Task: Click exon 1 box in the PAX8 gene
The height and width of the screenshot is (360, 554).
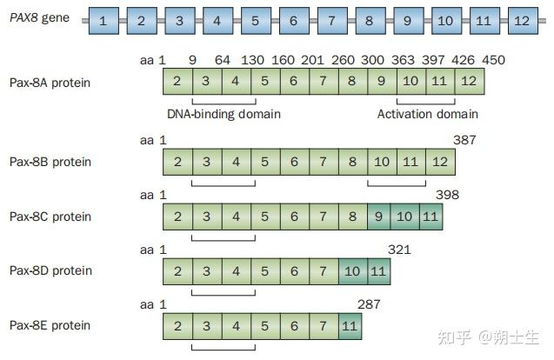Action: pos(103,21)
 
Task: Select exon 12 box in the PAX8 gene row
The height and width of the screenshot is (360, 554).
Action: pos(523,21)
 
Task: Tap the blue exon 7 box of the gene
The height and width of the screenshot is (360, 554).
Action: pos(332,21)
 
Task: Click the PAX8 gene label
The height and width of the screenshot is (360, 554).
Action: pos(40,17)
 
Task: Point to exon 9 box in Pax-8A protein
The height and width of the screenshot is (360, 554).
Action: pos(382,81)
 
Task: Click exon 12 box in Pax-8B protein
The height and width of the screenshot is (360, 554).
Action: pos(441,162)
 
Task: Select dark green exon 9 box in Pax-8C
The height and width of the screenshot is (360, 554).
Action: pos(379,217)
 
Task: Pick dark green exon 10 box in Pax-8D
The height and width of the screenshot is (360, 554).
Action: pos(353,271)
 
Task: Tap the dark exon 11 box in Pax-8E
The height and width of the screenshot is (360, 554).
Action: pos(350,326)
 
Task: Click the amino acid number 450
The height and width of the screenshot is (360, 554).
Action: pos(494,60)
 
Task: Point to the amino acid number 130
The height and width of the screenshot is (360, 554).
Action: pos(252,60)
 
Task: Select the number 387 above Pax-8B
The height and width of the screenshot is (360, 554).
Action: pos(464,140)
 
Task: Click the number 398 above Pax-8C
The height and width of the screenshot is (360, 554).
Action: pos(447,195)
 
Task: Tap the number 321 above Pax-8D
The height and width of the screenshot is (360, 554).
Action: pos(399,250)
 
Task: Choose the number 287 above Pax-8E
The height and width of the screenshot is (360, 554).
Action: pos(369,304)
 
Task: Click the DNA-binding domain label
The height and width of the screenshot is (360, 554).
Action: pos(224,114)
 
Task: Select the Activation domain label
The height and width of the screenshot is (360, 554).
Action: pos(428,114)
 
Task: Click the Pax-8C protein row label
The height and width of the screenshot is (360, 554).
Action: pos(50,217)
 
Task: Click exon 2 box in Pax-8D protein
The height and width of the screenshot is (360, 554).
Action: pos(177,271)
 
